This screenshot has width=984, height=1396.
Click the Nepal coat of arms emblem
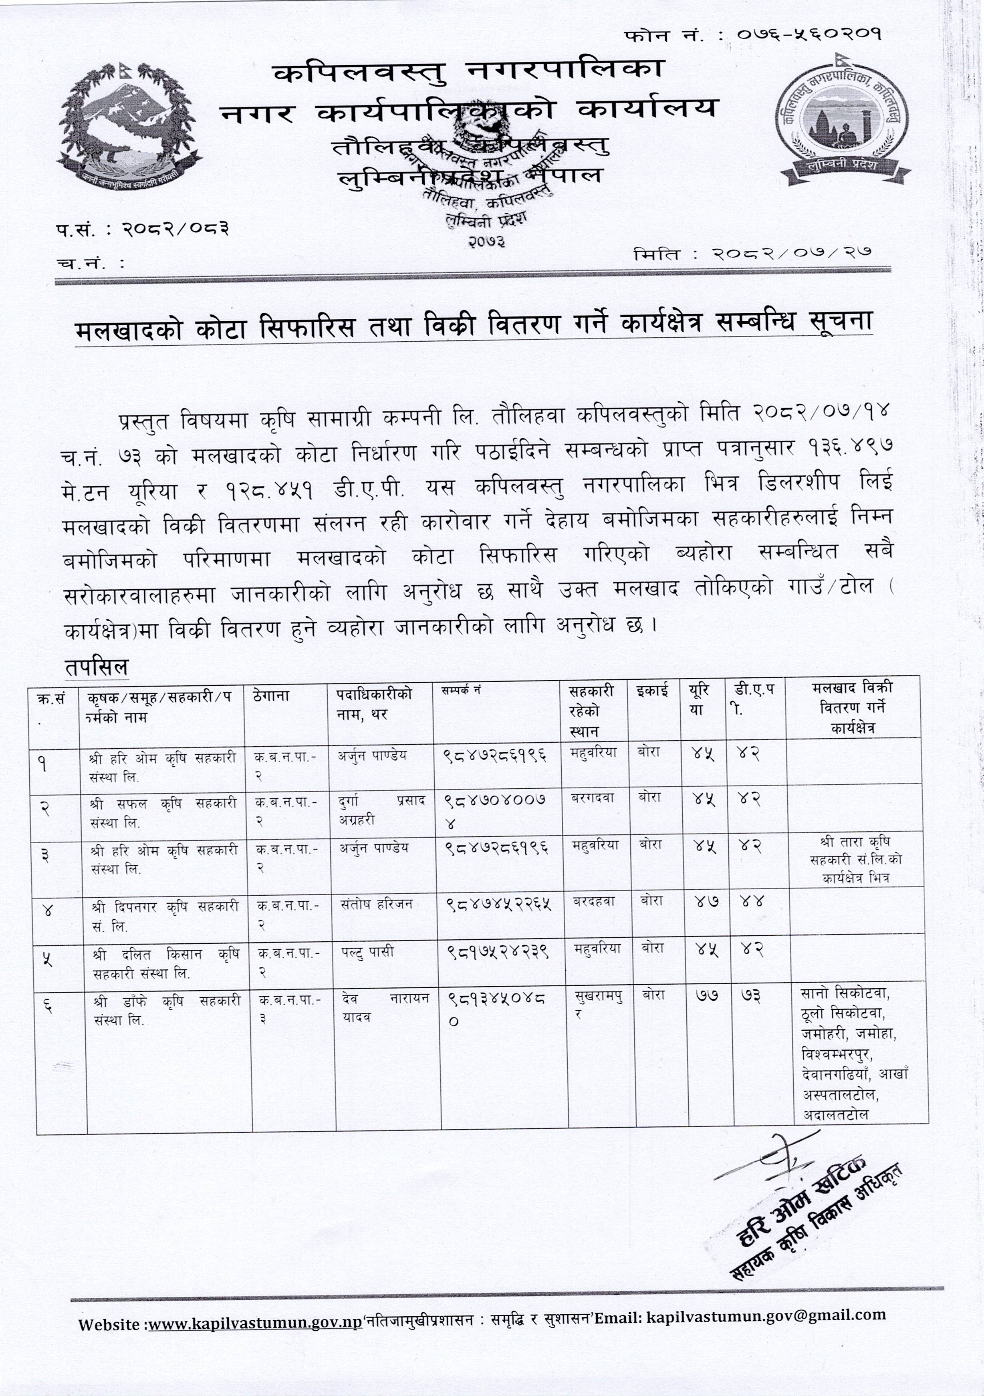coord(129,122)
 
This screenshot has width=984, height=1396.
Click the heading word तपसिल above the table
coord(96,668)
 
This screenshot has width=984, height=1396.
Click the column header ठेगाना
coord(271,695)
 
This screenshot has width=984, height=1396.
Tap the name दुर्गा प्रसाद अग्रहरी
coord(382,810)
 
